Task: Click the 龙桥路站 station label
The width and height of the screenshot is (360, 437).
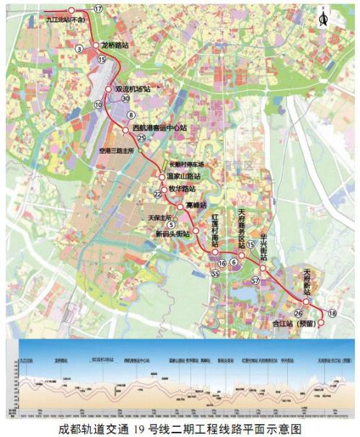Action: tap(116, 45)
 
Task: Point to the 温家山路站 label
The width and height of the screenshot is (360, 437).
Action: tap(183, 175)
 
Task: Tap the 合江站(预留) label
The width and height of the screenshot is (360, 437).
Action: tap(290, 324)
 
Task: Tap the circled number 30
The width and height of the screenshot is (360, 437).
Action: tap(126, 99)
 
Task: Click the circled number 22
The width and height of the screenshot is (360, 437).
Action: tap(157, 194)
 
